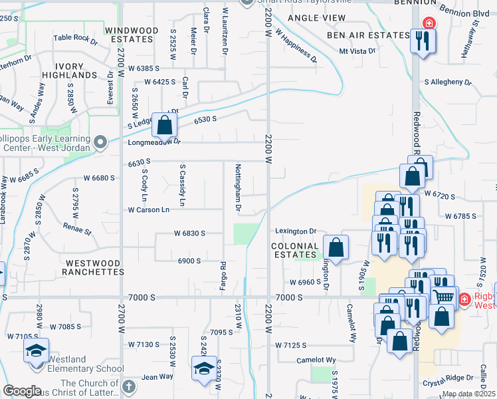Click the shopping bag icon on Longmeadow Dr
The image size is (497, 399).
(x=163, y=124)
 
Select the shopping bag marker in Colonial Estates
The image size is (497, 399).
(x=337, y=247)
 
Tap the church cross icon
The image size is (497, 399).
(x=129, y=386)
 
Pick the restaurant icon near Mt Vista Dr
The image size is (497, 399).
(x=422, y=41)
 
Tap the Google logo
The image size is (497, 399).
(x=22, y=391)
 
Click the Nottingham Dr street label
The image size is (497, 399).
(x=237, y=188)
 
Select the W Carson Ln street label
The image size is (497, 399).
(x=149, y=209)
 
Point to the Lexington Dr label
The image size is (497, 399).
(x=296, y=231)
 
